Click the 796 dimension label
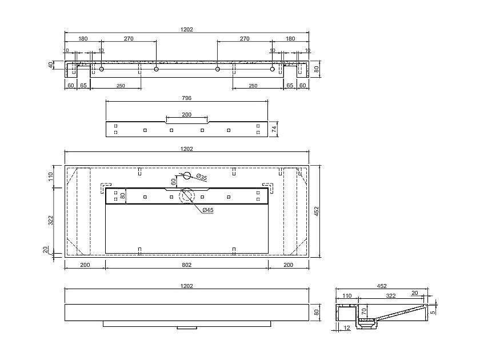click(x=187, y=98)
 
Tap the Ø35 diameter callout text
click(x=201, y=178)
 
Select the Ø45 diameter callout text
click(x=207, y=210)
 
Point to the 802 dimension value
click(x=187, y=265)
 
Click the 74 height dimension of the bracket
click(x=274, y=129)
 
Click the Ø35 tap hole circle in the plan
click(x=186, y=175)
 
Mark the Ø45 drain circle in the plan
click(x=187, y=196)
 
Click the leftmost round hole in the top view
click(x=101, y=69)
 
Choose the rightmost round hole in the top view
click(x=273, y=69)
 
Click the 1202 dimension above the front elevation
click(x=187, y=286)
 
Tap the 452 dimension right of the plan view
click(x=317, y=211)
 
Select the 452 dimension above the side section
click(x=382, y=286)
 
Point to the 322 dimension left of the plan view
click(x=51, y=219)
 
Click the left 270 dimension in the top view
click(x=129, y=39)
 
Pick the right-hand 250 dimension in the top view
click(x=253, y=86)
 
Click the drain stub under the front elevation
click(x=186, y=328)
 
